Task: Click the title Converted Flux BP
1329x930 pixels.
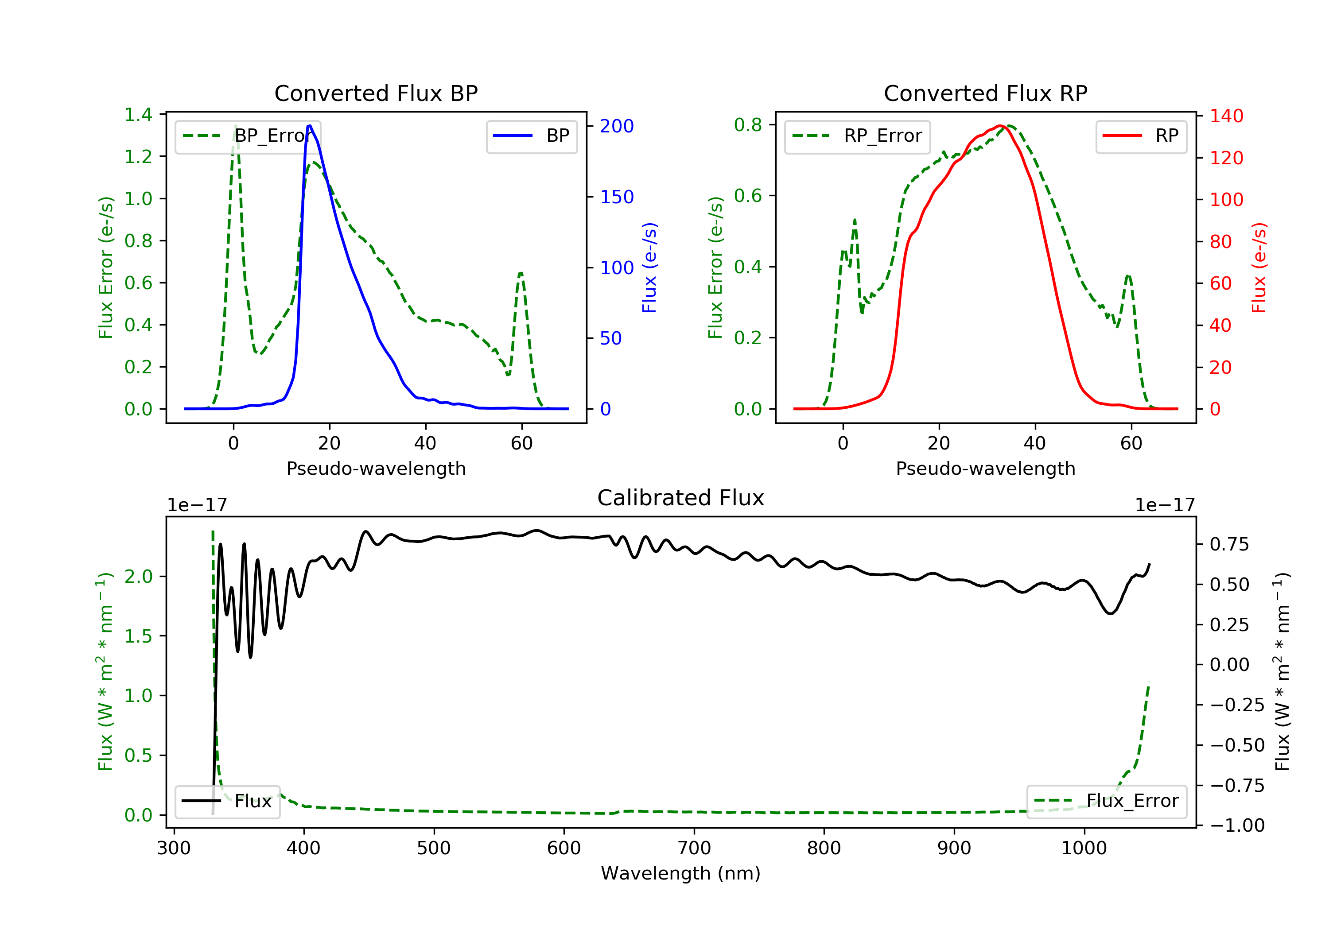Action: tap(376, 93)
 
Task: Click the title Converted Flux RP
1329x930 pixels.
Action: tap(985, 93)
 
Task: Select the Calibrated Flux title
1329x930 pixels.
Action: tap(681, 498)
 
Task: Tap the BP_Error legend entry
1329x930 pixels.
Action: tap(248, 136)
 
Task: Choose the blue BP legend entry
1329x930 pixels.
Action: tap(531, 136)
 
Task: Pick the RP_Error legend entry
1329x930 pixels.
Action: tap(857, 136)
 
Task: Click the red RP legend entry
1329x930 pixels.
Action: tap(1141, 136)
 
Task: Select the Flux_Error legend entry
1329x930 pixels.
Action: tap(1106, 802)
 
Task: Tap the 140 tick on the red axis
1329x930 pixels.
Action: tap(1226, 116)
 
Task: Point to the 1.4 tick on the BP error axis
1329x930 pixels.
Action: tap(138, 115)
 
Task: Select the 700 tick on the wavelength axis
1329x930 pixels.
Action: tap(694, 849)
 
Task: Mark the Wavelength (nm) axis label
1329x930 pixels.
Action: tap(681, 873)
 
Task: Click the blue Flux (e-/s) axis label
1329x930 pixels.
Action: tap(649, 267)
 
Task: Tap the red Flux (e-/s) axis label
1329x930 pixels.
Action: tap(1259, 267)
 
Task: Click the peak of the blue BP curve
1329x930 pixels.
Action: tap(310, 126)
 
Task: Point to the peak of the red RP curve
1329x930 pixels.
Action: tap(1000, 126)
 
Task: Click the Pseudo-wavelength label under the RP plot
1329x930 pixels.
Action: tap(985, 469)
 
